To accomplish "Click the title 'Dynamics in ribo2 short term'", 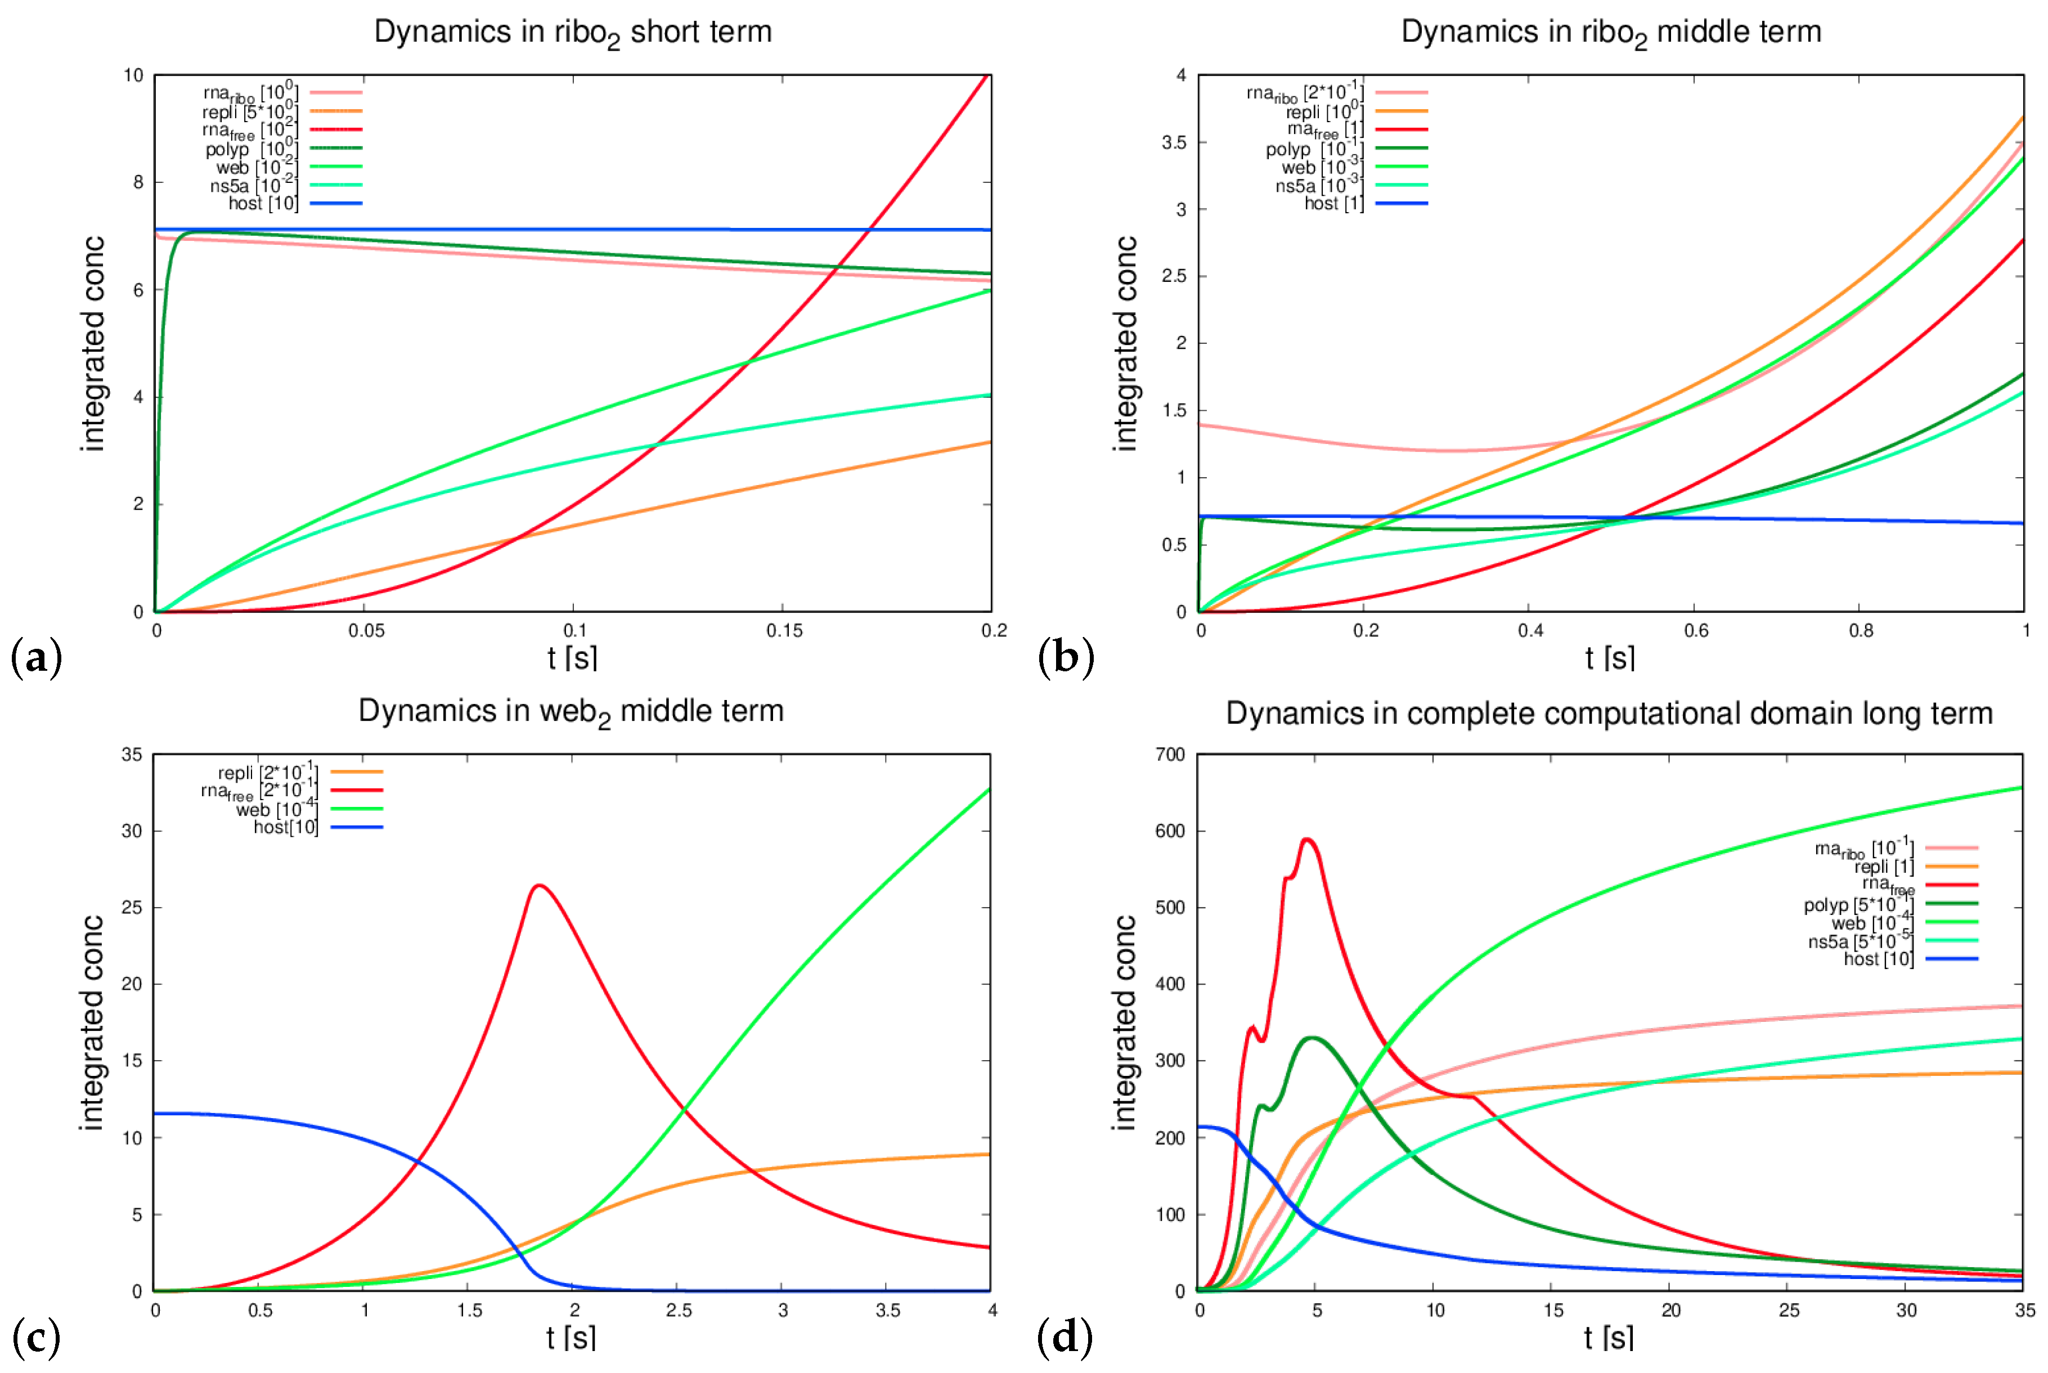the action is tap(573, 33).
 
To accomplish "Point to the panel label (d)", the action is tap(1065, 1337).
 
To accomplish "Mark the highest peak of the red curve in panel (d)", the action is tap(1307, 839).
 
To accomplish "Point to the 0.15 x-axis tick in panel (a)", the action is tap(784, 630).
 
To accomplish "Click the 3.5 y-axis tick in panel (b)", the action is tap(1173, 142).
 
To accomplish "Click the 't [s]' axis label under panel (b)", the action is tap(1609, 658).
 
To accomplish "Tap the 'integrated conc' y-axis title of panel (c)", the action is tap(92, 1023).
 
